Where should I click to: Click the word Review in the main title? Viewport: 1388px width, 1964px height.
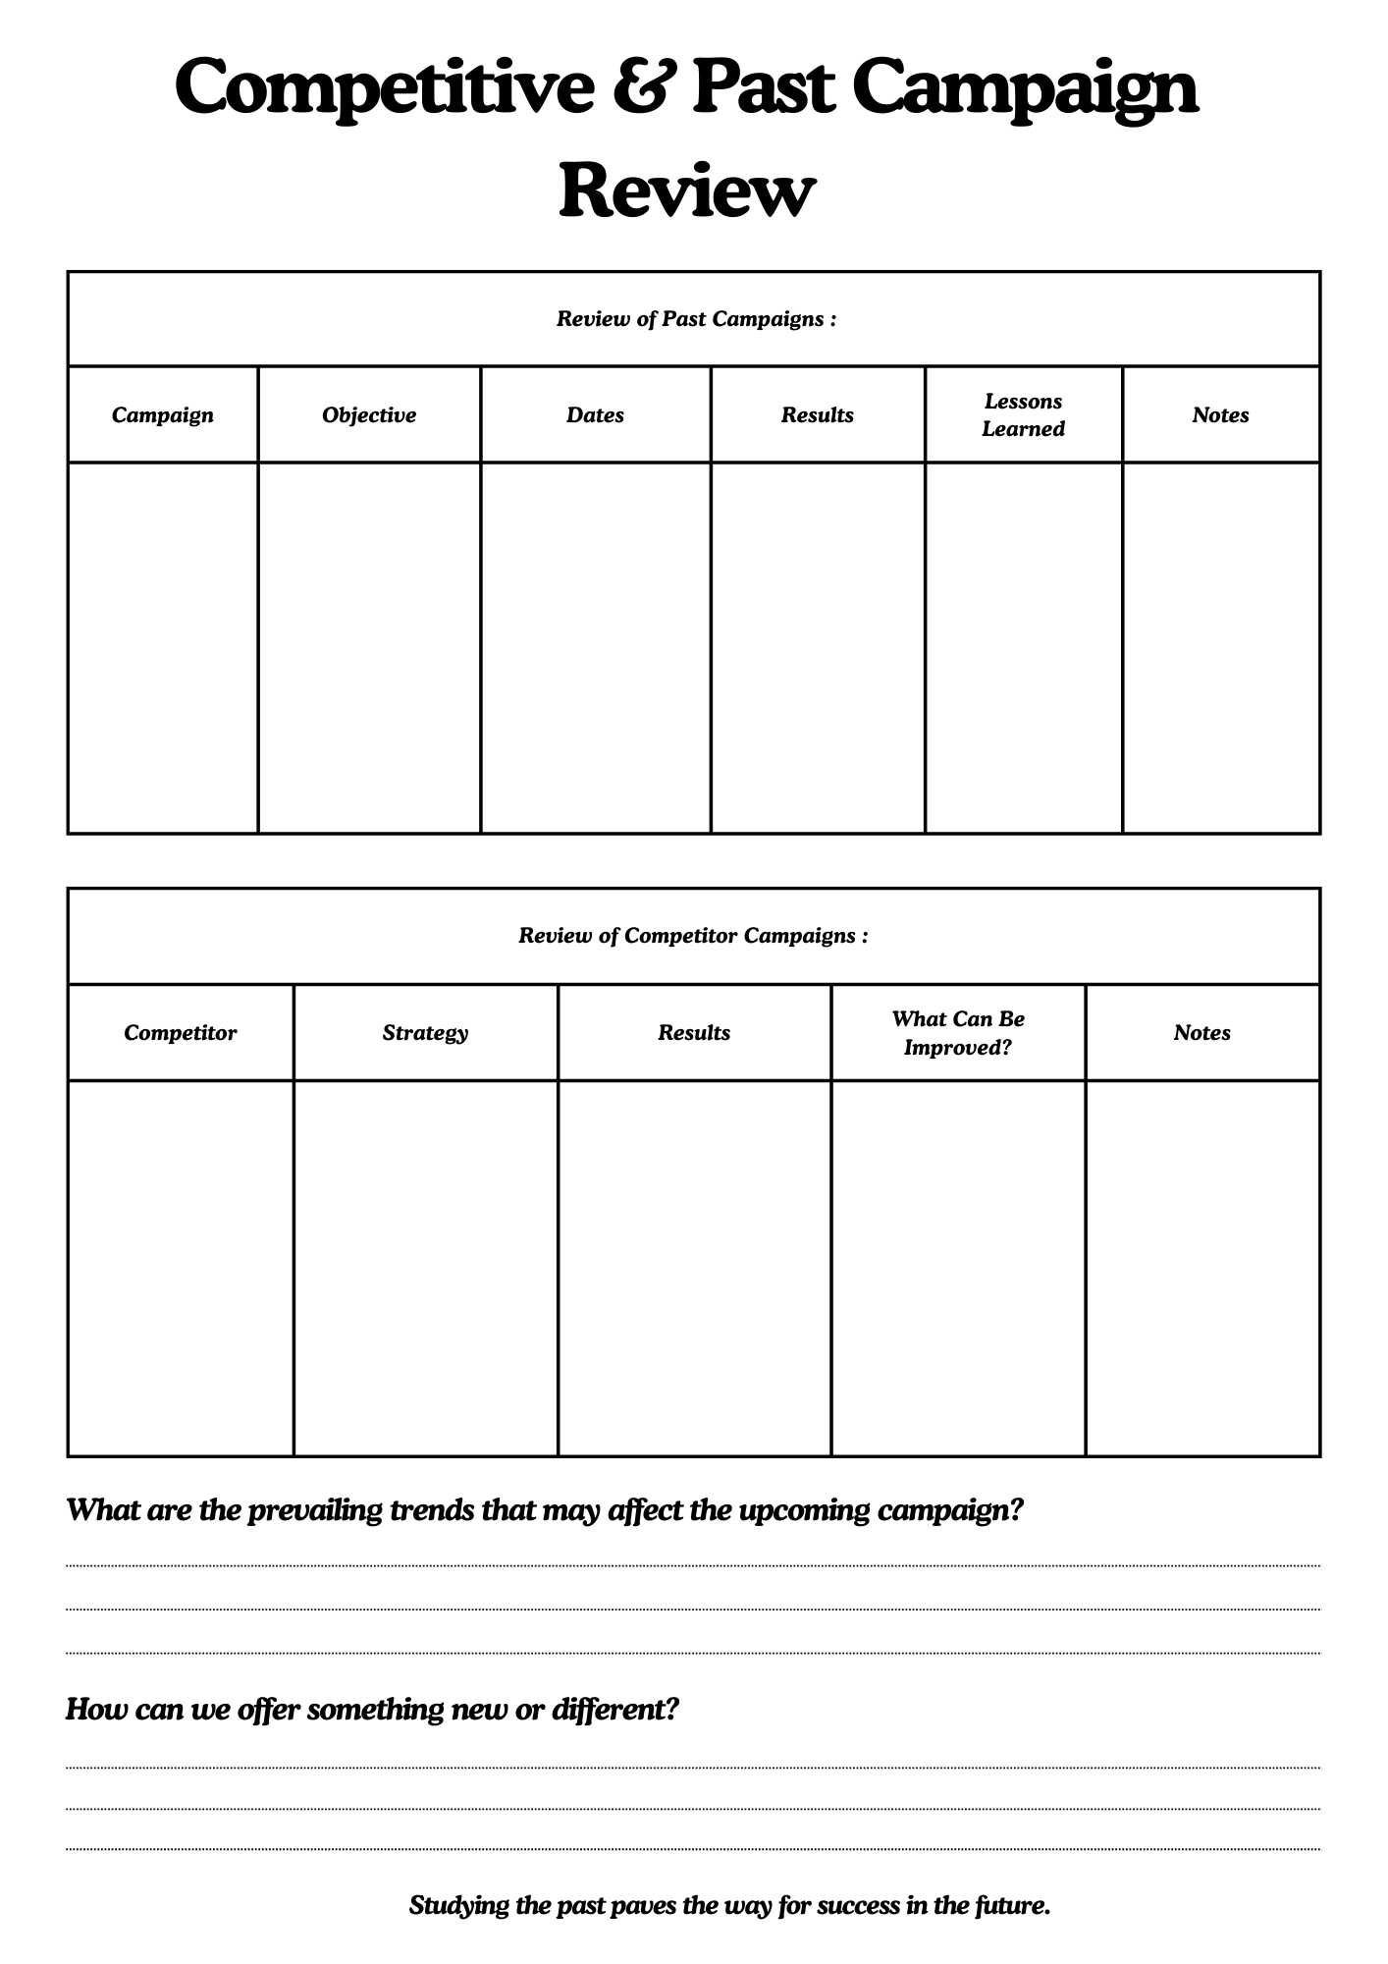(x=686, y=191)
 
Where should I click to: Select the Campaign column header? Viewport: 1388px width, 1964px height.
(x=162, y=415)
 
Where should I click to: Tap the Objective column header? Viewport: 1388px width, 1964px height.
(x=369, y=415)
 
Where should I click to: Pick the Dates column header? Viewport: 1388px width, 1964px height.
(x=595, y=415)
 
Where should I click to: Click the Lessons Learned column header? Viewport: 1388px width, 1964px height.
(x=1023, y=415)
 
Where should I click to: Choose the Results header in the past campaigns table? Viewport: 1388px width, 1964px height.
(x=817, y=415)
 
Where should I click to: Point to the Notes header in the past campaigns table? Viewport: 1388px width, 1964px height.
(x=1220, y=415)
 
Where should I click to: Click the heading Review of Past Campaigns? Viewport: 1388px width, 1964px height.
(x=696, y=319)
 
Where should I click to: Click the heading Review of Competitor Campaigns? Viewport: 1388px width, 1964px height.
(x=693, y=936)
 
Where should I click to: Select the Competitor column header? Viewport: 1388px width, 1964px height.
(x=181, y=1033)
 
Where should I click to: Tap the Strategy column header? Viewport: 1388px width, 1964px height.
(x=425, y=1033)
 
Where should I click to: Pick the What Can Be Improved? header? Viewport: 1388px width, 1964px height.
(x=958, y=1033)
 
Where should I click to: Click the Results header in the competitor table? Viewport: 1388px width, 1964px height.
(x=694, y=1033)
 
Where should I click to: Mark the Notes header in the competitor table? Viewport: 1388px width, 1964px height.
(x=1201, y=1033)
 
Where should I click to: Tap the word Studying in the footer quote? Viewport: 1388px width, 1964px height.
(x=458, y=1906)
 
